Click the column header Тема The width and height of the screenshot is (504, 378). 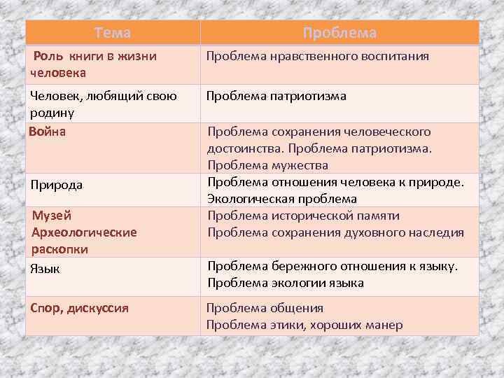pyautogui.click(x=113, y=33)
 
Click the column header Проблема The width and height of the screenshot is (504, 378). pyautogui.click(x=340, y=33)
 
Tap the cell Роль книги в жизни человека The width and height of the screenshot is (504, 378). pyautogui.click(x=94, y=64)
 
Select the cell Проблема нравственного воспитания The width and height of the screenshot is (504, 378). pyautogui.click(x=317, y=56)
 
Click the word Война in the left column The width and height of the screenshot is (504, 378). pyautogui.click(x=47, y=132)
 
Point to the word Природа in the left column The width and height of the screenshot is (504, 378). pyautogui.click(x=57, y=185)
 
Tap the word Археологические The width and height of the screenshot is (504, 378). pyautogui.click(x=84, y=232)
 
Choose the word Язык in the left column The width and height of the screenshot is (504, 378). pyautogui.click(x=43, y=268)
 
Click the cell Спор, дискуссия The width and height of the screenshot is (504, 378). pyautogui.click(x=78, y=308)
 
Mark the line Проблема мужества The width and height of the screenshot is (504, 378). pyautogui.click(x=267, y=165)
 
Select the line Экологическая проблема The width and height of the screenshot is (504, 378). pyautogui.click(x=281, y=199)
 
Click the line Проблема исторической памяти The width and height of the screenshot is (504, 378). pyautogui.click(x=303, y=216)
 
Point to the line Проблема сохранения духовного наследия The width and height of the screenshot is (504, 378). pyautogui.click(x=335, y=232)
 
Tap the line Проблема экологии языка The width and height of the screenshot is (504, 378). pyautogui.click(x=285, y=283)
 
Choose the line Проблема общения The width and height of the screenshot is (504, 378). pyautogui.click(x=264, y=308)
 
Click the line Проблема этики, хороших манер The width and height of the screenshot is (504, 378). pyautogui.click(x=304, y=325)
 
